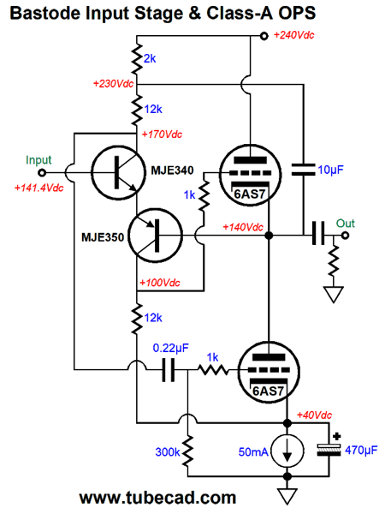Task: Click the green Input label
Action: coord(38,160)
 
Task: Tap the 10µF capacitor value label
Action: coord(333,170)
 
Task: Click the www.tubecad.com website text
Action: coord(157,498)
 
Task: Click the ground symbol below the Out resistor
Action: coord(334,296)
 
